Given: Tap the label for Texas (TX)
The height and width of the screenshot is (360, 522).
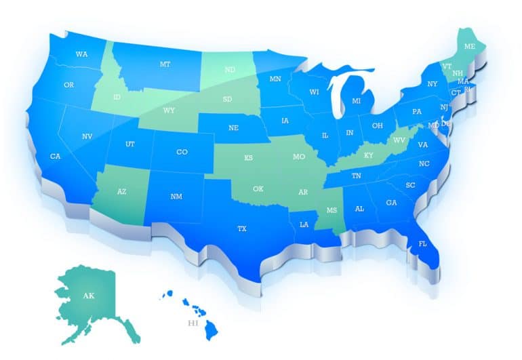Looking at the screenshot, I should coord(242,229).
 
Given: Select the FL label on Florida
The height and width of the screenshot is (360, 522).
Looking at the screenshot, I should coord(422,243).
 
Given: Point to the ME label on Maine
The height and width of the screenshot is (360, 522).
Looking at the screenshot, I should coord(469,47).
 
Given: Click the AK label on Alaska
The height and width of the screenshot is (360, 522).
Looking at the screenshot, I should coord(88,296).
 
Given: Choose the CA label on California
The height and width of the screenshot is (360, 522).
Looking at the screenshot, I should coord(56,157).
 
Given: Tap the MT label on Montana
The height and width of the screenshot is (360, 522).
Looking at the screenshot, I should coord(165,64).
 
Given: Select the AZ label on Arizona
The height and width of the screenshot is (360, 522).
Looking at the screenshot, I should coord(121,192).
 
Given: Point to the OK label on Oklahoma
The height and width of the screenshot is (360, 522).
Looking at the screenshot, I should coord(258,189).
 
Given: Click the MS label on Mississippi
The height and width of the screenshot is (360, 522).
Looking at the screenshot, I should coord(332,210).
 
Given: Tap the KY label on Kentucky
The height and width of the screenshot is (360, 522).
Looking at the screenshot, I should coord(369,155).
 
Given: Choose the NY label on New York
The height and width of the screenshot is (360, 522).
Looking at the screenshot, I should coord(433,84).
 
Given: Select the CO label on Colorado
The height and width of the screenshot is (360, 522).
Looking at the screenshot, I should coord(182,152).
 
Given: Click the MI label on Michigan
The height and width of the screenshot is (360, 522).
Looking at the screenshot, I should coord(356,101).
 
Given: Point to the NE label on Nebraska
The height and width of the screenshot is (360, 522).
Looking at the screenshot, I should coord(233,127).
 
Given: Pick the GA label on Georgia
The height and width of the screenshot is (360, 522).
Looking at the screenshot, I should coord(391,203).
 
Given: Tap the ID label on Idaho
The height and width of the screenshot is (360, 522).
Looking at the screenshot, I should coord(117,98).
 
